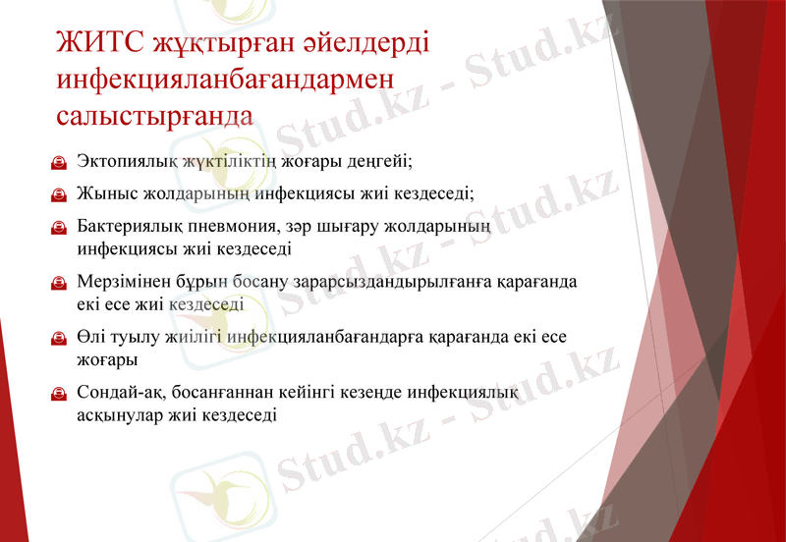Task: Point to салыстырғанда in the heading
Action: pos(154,115)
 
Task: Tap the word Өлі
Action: pos(90,338)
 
